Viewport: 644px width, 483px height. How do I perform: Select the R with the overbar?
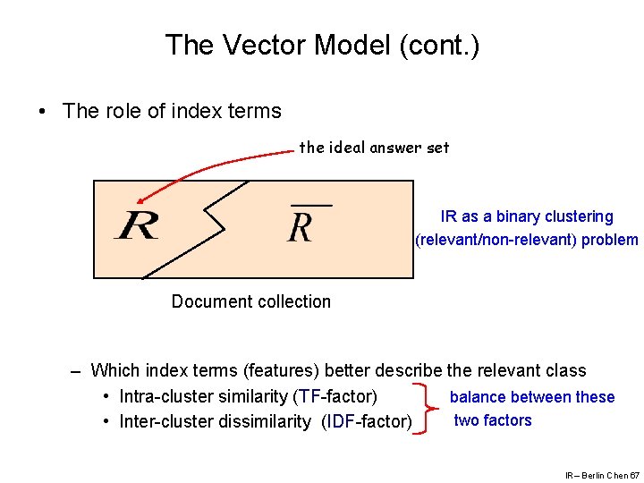301,226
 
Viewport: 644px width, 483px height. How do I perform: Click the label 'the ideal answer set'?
374,148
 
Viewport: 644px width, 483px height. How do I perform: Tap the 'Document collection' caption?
250,301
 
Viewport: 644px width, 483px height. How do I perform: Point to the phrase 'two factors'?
492,420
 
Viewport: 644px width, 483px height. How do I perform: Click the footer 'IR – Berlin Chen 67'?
601,475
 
